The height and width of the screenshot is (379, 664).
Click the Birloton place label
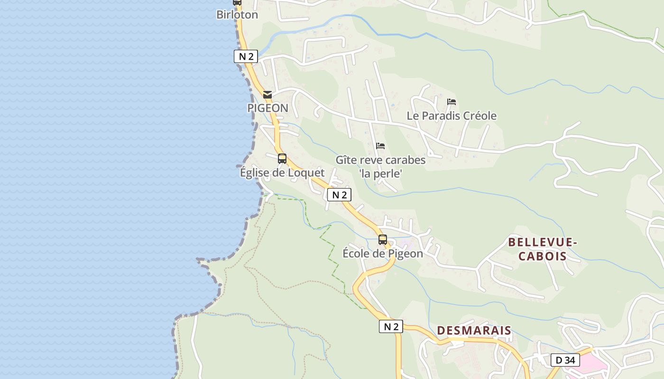237,15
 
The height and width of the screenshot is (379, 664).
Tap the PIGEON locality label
267,108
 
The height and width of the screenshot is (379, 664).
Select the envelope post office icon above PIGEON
267,95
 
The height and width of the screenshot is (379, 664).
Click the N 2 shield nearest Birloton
246,56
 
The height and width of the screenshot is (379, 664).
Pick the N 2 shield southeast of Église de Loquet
339,195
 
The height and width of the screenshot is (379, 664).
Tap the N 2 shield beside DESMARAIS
391,326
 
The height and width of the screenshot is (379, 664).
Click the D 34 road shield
565,360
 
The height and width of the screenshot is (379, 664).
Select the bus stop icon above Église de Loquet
282,159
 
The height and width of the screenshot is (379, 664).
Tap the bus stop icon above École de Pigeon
383,240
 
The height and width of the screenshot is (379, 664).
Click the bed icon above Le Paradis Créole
452,102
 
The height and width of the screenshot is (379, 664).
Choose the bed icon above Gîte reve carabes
380,146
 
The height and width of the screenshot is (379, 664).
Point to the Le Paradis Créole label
452,116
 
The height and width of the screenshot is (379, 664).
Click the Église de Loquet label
282,172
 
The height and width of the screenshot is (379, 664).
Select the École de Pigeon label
383,253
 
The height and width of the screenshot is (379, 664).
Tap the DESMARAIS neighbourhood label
474,330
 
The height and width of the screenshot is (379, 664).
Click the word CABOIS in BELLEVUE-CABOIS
542,256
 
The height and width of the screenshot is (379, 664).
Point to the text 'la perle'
380,174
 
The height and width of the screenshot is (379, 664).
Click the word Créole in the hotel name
479,116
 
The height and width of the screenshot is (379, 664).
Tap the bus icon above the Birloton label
237,2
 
